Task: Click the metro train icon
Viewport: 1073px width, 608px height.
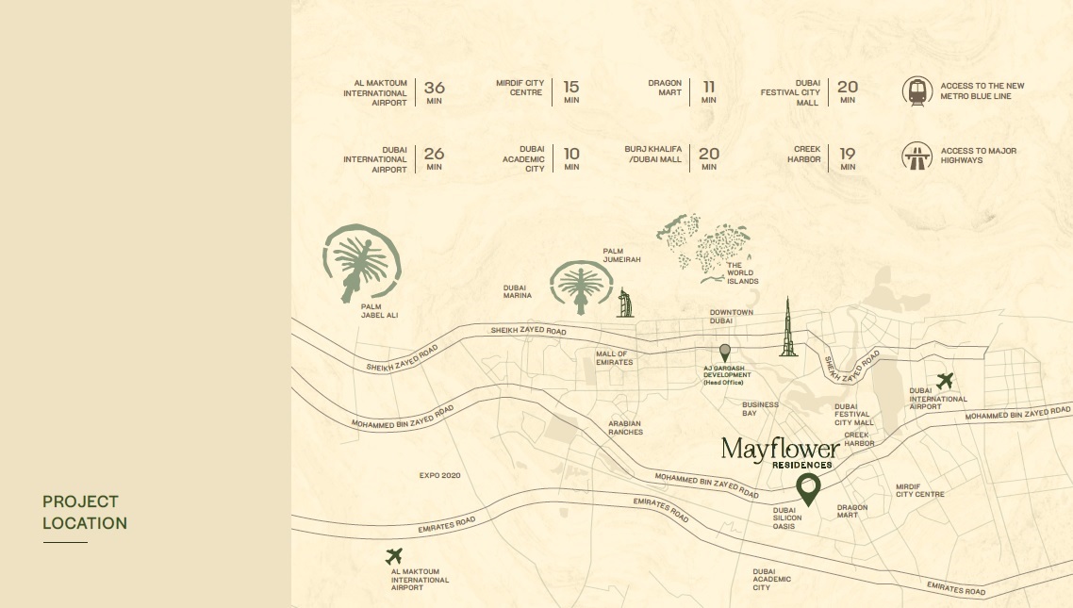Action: coord(917,91)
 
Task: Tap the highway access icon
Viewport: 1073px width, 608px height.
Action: coord(917,156)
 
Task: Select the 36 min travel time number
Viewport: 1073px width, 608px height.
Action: coord(434,88)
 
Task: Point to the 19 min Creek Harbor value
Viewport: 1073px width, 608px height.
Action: coord(848,154)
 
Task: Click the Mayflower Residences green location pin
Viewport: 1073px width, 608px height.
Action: coord(808,489)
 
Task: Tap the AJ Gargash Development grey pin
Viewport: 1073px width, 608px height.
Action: coord(724,352)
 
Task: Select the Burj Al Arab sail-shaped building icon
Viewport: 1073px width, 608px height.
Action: coord(624,303)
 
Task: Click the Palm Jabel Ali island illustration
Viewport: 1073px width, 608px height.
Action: coord(361,262)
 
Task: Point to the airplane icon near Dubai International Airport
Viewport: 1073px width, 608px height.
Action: coord(945,381)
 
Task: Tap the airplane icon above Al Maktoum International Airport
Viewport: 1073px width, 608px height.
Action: coord(394,556)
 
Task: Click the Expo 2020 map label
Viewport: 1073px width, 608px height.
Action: coord(439,475)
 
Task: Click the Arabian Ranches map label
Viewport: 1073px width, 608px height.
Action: coord(625,428)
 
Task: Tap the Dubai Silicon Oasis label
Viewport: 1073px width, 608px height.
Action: coord(787,518)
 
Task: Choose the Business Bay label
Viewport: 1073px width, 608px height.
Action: coord(760,409)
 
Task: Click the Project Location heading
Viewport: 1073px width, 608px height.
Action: coord(84,512)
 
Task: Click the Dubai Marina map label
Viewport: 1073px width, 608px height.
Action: coord(517,291)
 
